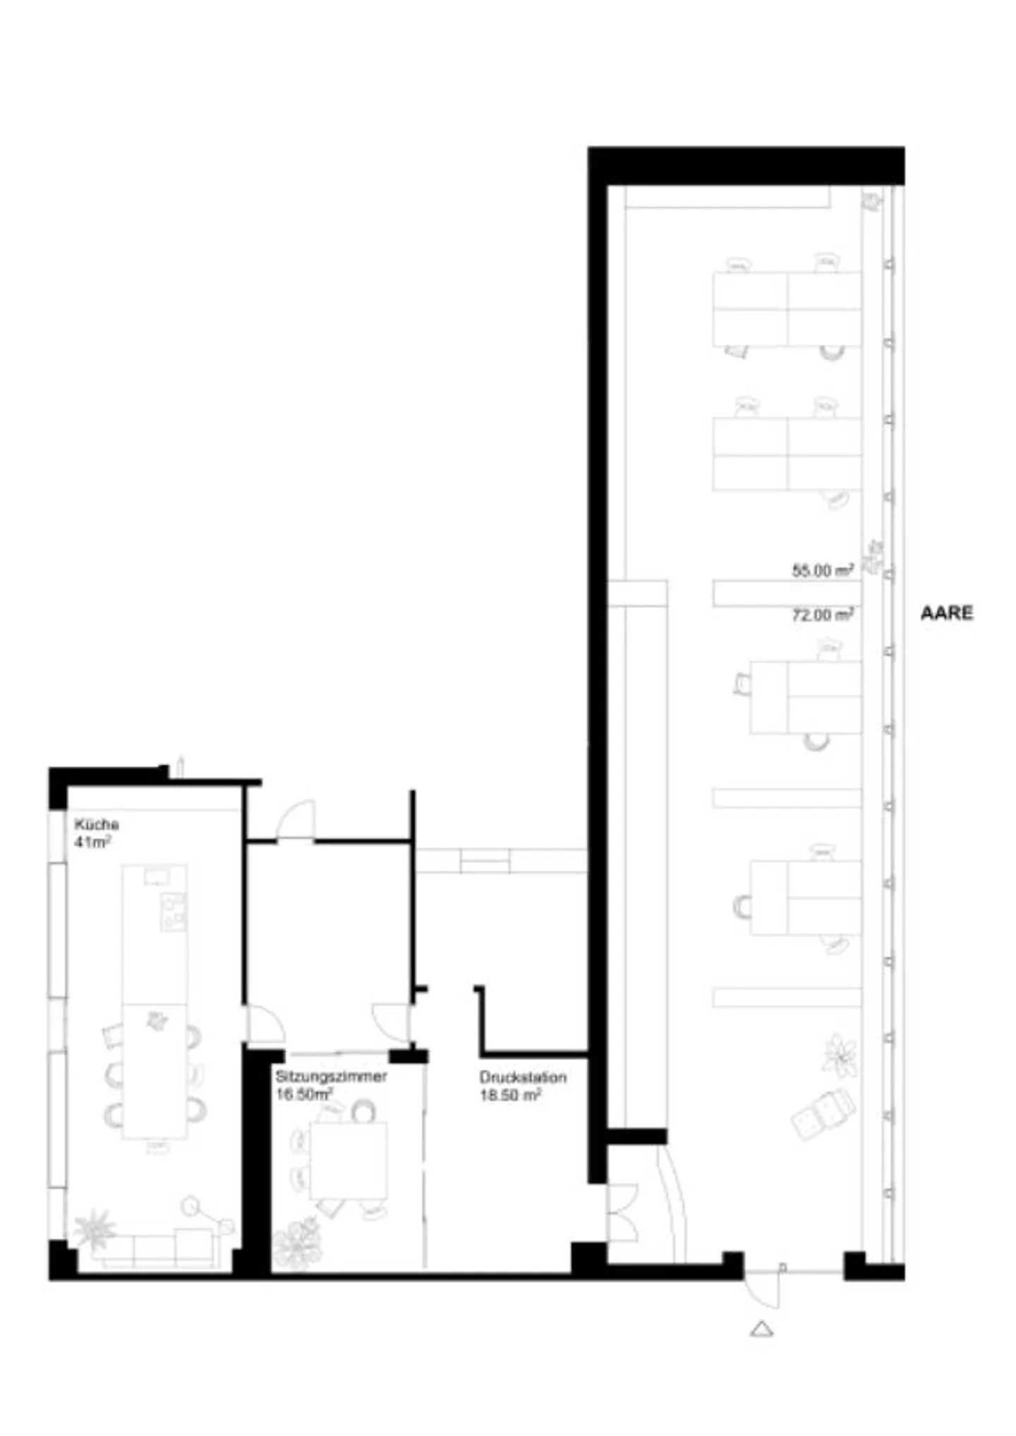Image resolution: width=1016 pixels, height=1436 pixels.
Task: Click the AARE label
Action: tap(946, 613)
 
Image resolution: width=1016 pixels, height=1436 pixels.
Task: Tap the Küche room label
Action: tap(97, 824)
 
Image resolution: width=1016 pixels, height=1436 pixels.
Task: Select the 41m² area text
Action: tap(92, 842)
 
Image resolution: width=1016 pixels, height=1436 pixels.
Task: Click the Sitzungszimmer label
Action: tap(331, 1076)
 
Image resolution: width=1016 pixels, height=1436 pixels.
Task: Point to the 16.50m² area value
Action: tap(304, 1094)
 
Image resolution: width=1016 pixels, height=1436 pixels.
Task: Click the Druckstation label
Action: tap(523, 1078)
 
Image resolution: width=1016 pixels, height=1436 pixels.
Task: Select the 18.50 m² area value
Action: tap(510, 1095)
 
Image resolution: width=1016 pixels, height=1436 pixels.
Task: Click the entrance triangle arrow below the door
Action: tap(761, 1329)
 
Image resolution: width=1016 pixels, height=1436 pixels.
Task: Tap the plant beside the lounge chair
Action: tap(840, 1056)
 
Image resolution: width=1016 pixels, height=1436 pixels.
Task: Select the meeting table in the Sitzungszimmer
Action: tap(349, 1161)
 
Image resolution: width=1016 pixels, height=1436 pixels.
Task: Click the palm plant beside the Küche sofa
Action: tap(94, 1229)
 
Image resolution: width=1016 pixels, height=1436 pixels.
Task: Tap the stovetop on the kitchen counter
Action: tap(173, 911)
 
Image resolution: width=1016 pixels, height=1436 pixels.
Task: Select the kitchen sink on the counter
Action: tap(157, 876)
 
